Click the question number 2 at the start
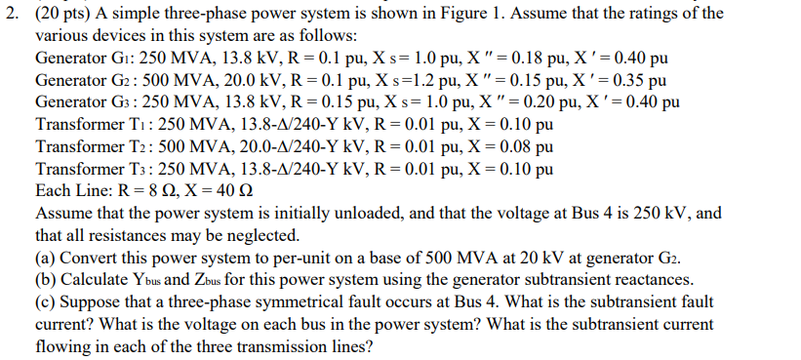[x=8, y=13]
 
